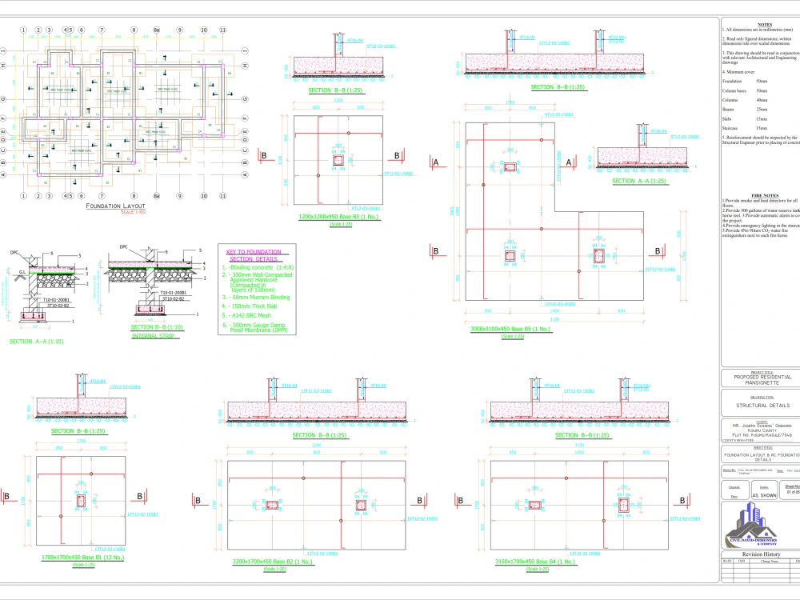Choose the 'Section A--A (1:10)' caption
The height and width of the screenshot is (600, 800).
coord(38,342)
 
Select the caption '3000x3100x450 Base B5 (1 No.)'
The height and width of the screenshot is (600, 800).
coord(510,330)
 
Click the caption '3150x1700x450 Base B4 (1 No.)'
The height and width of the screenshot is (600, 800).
coord(535,562)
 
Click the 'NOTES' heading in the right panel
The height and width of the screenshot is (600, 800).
coord(764,25)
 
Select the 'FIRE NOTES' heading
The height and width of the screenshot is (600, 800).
coord(761,195)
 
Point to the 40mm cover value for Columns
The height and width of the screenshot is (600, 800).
coord(762,99)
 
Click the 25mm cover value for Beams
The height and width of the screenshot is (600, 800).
coord(762,109)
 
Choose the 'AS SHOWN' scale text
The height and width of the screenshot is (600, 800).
coord(763,495)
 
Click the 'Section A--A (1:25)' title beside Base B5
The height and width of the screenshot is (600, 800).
coord(639,182)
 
